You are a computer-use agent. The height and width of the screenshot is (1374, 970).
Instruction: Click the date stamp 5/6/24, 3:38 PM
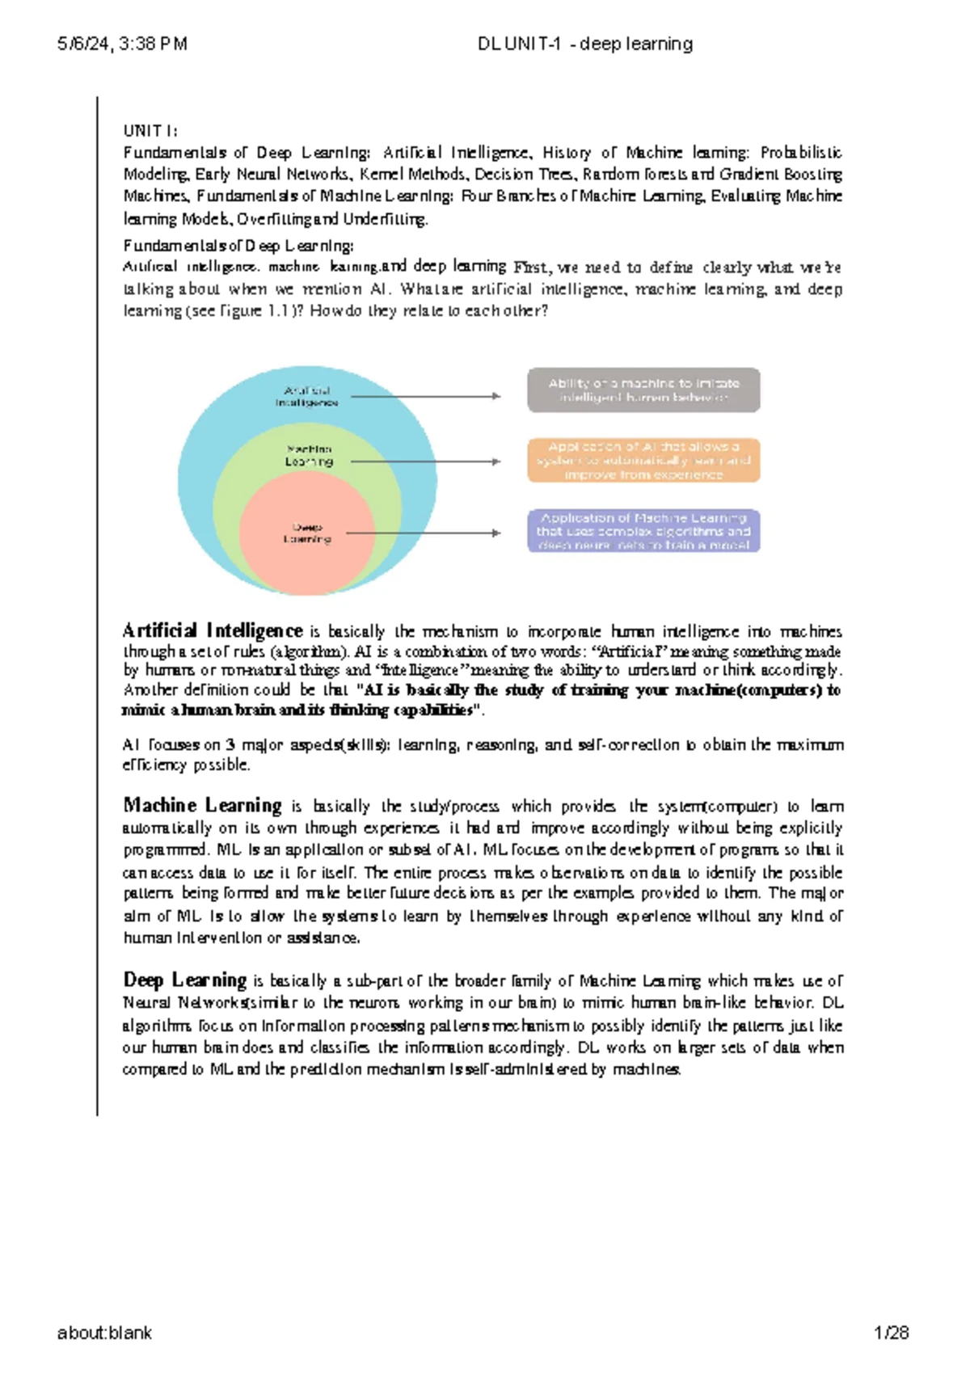122,44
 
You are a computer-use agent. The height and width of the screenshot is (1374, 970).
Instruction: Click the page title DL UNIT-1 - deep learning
585,44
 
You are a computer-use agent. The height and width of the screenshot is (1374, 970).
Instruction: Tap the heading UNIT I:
150,131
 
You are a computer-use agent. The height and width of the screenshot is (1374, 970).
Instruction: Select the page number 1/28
891,1333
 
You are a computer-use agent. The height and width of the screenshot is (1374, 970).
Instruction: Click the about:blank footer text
104,1333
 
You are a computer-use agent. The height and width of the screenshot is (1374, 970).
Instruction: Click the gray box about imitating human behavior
643,390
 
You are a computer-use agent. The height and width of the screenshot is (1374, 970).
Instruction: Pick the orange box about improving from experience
643,461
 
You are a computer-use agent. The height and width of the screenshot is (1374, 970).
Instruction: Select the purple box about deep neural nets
643,531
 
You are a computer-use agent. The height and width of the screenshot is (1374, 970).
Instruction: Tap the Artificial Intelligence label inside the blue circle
307,396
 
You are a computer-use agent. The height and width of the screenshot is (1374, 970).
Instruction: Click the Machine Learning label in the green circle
309,455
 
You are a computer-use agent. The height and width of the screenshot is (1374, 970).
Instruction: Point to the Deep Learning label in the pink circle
307,533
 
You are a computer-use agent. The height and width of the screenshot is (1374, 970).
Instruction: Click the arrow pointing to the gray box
426,396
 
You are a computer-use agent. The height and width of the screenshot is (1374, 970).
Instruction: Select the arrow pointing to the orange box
426,462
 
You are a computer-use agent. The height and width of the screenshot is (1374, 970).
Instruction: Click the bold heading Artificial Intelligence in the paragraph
213,630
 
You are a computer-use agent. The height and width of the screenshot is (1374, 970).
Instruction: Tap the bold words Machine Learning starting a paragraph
202,805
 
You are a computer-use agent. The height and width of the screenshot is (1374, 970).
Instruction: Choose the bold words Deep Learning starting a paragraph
184,980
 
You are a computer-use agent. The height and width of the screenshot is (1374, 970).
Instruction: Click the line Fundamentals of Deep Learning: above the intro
238,246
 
